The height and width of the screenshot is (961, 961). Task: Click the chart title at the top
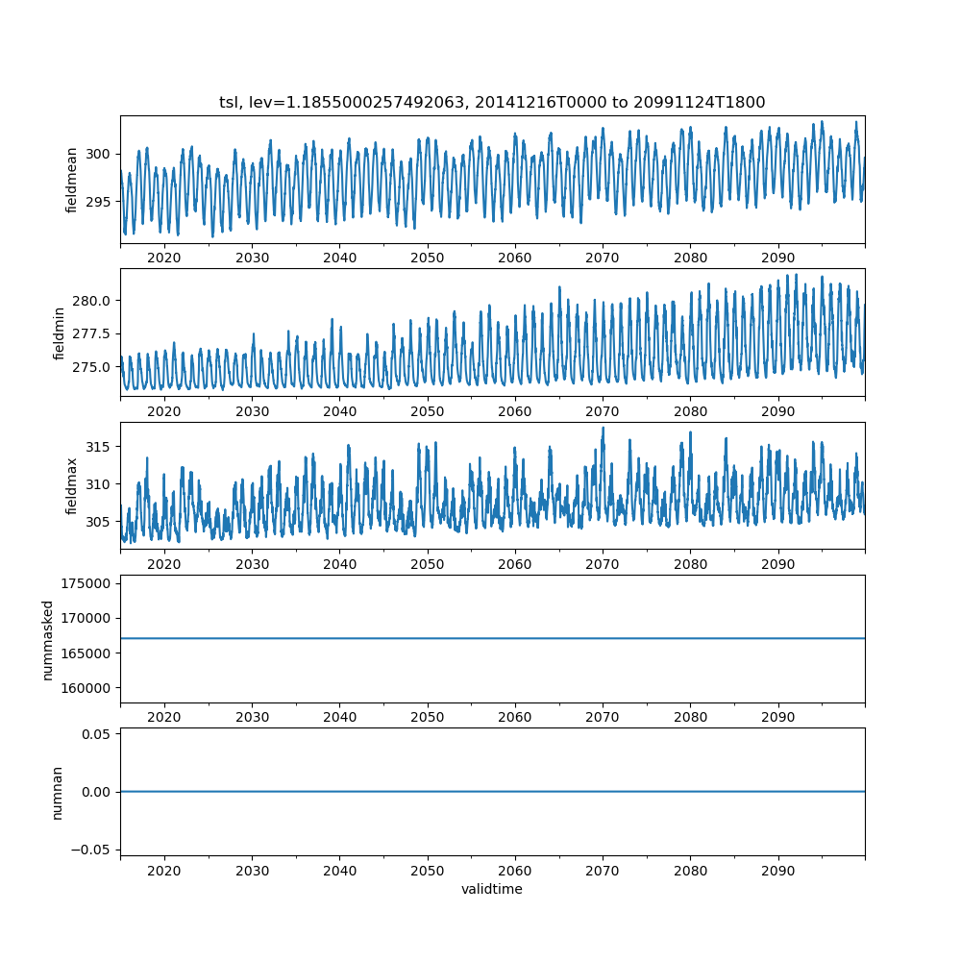tap(492, 103)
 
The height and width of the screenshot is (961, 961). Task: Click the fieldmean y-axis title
tap(72, 180)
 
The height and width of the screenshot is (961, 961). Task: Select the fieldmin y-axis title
tap(60, 333)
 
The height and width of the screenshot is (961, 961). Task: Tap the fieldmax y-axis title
tap(72, 486)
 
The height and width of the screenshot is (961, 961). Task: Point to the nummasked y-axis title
tap(47, 640)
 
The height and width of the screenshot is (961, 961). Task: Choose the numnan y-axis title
tap(57, 792)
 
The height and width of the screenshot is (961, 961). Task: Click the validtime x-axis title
tap(492, 889)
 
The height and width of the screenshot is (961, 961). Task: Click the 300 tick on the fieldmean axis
tap(99, 154)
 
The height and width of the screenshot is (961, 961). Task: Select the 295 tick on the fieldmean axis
tap(99, 201)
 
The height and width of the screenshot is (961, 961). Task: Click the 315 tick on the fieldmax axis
tap(99, 447)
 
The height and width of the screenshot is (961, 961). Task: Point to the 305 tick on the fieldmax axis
tap(99, 521)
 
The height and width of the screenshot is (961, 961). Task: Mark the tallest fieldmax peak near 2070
tap(603, 429)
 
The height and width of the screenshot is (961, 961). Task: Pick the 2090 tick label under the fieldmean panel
tap(778, 258)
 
